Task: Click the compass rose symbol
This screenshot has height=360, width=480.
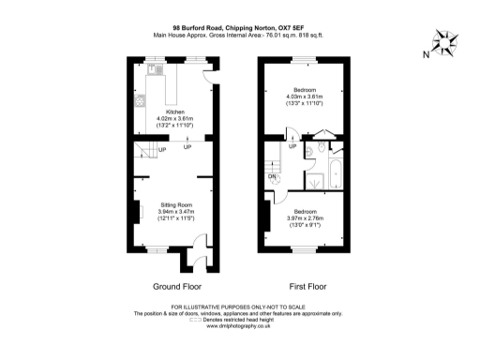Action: (x=445, y=40)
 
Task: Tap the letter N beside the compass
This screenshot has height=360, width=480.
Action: (x=426, y=54)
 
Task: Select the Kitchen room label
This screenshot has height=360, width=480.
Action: (x=174, y=112)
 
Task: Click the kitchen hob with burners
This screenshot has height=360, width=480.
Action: (x=138, y=100)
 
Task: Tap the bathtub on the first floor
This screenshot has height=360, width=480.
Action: (x=336, y=175)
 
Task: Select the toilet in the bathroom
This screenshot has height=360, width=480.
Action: (x=320, y=148)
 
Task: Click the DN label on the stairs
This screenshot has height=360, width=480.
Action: (x=273, y=175)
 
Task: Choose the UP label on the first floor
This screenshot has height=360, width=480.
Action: (x=292, y=147)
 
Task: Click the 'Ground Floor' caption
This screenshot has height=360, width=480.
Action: (x=176, y=286)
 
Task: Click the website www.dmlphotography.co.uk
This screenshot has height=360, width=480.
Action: (x=239, y=327)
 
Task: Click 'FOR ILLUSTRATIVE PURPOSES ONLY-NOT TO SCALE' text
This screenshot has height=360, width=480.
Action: (x=239, y=307)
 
